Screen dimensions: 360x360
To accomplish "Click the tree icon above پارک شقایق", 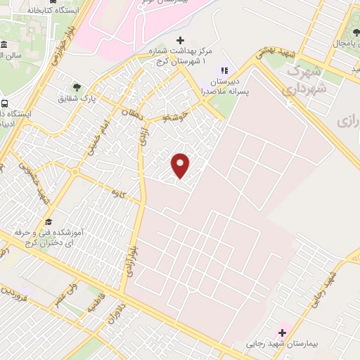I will coord(76,87).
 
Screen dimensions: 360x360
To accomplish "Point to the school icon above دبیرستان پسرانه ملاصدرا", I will coord(225,70).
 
